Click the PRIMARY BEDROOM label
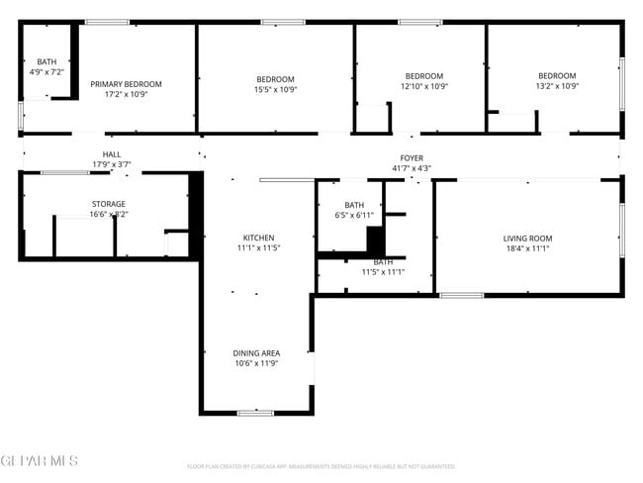tap(126, 84)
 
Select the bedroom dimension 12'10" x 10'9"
tap(424, 86)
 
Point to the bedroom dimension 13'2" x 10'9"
tap(557, 86)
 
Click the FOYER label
tap(412, 158)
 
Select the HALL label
tap(112, 154)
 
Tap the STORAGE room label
tap(109, 204)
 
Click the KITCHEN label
tap(259, 238)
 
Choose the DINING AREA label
tap(256, 353)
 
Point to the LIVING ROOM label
tap(527, 239)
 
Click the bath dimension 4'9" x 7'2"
tap(46, 72)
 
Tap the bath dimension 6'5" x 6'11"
tap(354, 215)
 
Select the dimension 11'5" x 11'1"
tap(383, 271)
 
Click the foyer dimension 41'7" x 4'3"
tap(412, 168)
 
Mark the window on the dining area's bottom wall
tap(255, 412)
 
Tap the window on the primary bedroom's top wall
tap(107, 22)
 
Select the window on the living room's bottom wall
tap(461, 295)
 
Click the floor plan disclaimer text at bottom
tap(321, 465)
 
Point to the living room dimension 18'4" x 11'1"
tap(527, 248)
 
